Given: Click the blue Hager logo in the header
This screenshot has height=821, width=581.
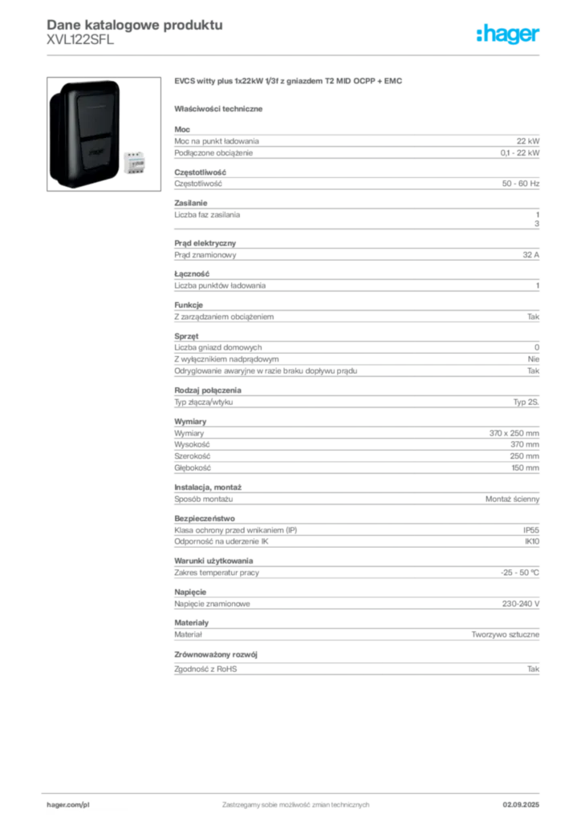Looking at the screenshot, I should coord(509,34).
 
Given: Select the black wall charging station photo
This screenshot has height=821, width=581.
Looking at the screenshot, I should coord(83,133).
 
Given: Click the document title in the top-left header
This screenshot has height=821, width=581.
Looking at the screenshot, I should coord(133,22).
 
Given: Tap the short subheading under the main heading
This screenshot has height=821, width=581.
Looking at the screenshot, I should coord(221,109).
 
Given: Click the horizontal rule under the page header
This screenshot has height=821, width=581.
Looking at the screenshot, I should coord(295,54).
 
